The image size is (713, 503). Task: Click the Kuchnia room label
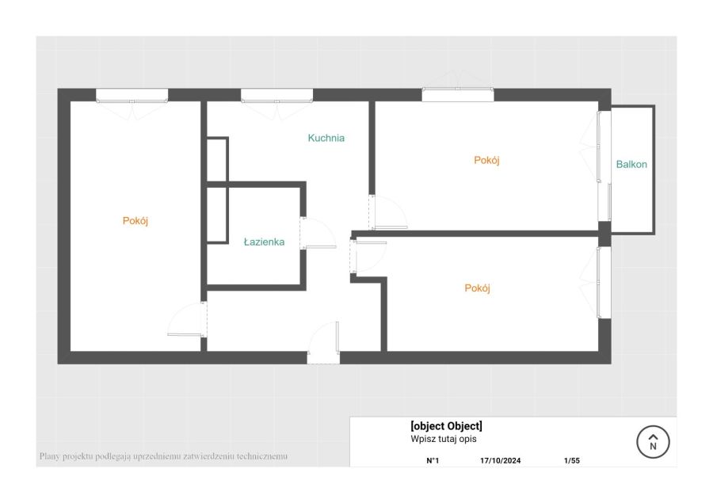click(x=326, y=138)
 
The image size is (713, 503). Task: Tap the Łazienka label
click(x=264, y=242)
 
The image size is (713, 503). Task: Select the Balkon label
click(x=631, y=164)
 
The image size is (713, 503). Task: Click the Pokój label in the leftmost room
click(x=135, y=221)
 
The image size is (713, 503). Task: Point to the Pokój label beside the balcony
click(x=486, y=160)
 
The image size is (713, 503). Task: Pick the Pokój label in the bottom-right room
click(x=478, y=288)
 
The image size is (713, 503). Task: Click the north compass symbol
click(x=653, y=441)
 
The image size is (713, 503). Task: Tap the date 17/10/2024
click(x=500, y=460)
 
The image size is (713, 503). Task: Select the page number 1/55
click(x=571, y=460)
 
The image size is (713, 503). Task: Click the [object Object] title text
click(x=446, y=426)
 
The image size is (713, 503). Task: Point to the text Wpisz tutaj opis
click(x=444, y=439)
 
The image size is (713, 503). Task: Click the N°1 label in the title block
click(x=433, y=460)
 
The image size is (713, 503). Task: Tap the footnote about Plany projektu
click(x=163, y=455)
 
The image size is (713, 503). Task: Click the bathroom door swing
click(x=318, y=233)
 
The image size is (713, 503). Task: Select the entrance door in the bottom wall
click(x=323, y=343)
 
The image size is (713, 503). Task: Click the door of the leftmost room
click(x=187, y=319)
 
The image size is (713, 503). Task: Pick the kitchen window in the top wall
click(x=276, y=96)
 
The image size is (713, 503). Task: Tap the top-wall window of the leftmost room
click(x=132, y=96)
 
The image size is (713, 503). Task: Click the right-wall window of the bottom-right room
click(x=604, y=282)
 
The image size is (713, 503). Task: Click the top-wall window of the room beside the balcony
click(x=458, y=94)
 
